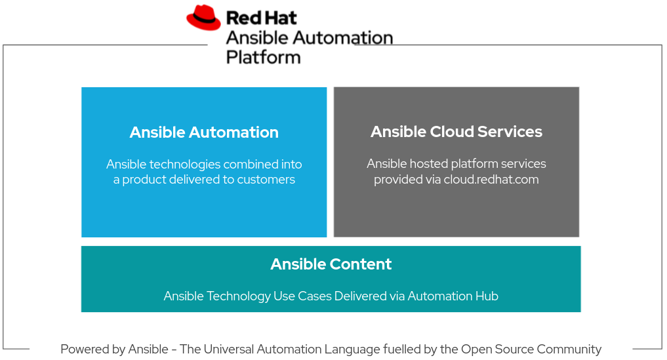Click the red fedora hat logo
tap(203, 18)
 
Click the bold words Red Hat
tap(261, 18)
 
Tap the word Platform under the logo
tap(263, 57)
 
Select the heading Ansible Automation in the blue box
tap(204, 132)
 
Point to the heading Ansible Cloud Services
tap(456, 132)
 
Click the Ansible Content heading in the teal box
tap(331, 264)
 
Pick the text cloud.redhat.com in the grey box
tap(491, 180)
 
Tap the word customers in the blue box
tap(266, 180)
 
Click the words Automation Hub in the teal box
tap(453, 296)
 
